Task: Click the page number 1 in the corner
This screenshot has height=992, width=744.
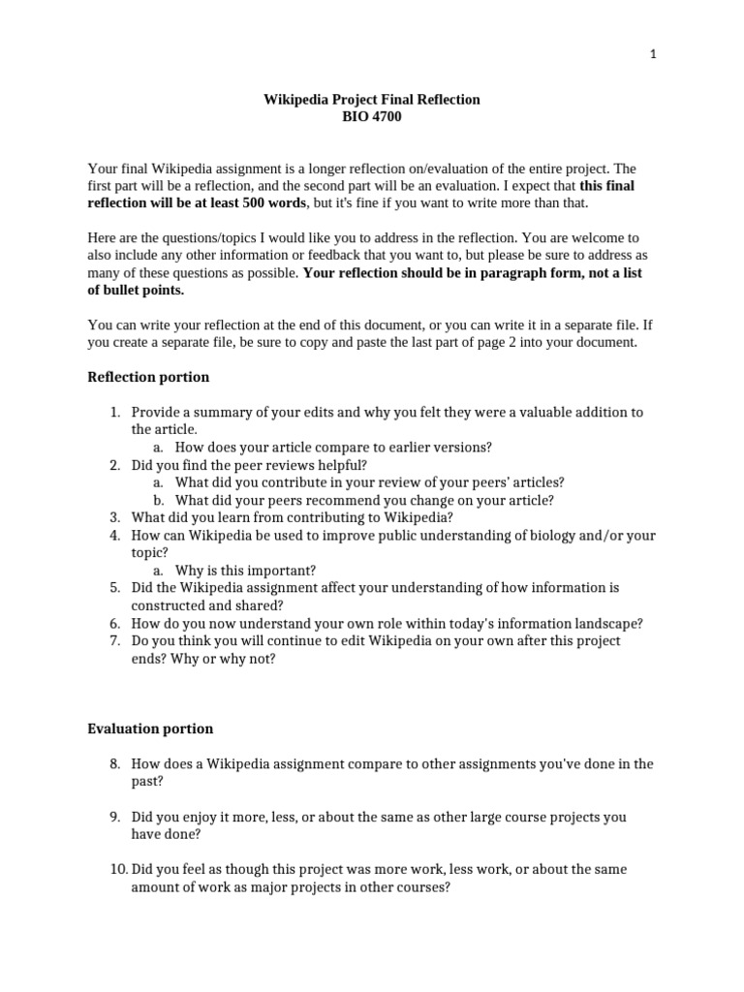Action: [653, 54]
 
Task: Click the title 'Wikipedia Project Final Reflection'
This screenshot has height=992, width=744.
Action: [372, 100]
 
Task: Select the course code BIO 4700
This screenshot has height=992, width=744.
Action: [372, 117]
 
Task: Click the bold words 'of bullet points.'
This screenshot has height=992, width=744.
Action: [136, 290]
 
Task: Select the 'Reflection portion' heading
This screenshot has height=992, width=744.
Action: [148, 377]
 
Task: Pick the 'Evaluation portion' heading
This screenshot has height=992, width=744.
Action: [150, 728]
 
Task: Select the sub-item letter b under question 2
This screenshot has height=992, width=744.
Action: [158, 500]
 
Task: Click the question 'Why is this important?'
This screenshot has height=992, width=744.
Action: [245, 571]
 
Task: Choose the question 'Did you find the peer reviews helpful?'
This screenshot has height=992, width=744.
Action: [250, 465]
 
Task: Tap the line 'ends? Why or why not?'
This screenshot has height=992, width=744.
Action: [203, 659]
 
